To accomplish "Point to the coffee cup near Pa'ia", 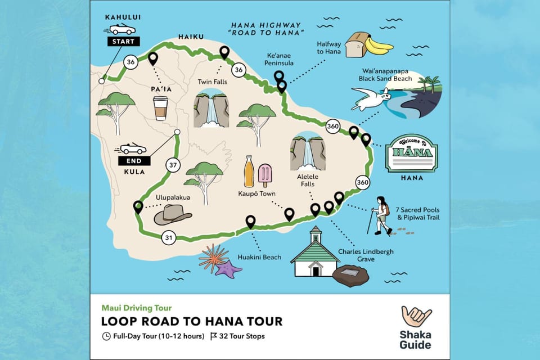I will coord(161,108).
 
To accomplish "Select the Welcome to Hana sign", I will coord(411,153).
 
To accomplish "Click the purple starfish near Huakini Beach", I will coord(228,269).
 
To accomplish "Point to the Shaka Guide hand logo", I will coord(416,317).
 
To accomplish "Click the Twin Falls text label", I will coord(212,82).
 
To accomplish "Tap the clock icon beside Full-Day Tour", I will coord(106,337).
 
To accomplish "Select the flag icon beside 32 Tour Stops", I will coord(214,337).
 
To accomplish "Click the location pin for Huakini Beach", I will coord(250,222).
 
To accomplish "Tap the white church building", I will coord(315,256).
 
